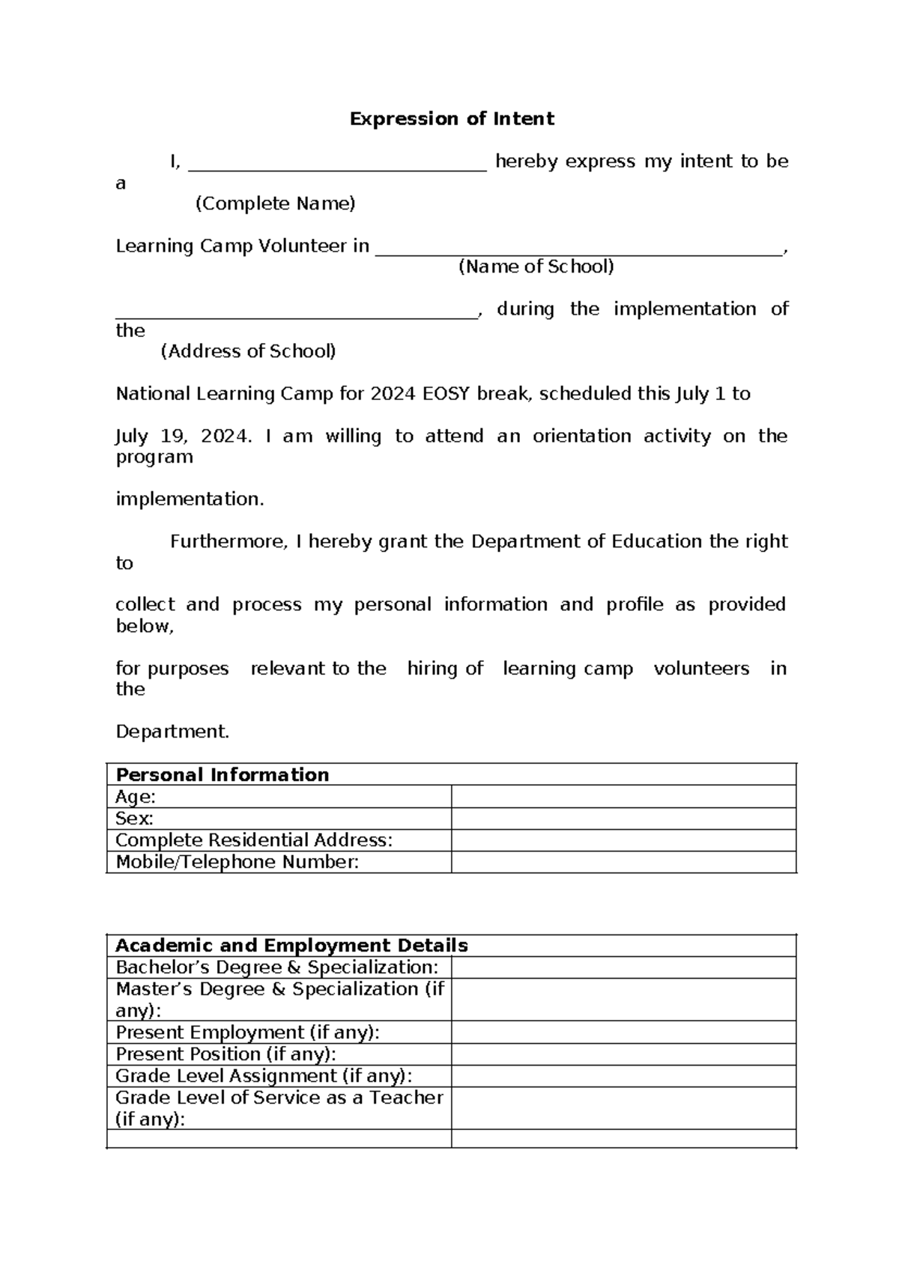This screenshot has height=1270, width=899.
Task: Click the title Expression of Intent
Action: pos(452,119)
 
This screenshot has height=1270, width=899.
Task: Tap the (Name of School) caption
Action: pos(536,267)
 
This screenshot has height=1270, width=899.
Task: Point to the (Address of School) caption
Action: pos(248,351)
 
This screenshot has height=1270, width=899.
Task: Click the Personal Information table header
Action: pos(223,775)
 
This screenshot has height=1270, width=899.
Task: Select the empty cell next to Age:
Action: pos(623,797)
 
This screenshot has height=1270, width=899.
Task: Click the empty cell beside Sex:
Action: pos(623,818)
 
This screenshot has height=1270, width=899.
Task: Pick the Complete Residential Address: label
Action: pos(253,840)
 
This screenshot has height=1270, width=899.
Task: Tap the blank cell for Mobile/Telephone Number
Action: pos(623,862)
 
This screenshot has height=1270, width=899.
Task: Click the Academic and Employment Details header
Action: pos(291,945)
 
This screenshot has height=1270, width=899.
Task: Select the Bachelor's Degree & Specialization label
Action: pos(276,967)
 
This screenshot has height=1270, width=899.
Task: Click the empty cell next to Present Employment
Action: pos(623,1033)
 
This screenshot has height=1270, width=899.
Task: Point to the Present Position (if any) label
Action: pos(225,1054)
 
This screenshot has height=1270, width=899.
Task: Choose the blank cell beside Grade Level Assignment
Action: pos(623,1076)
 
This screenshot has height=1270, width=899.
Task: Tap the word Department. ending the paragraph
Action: pos(172,732)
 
